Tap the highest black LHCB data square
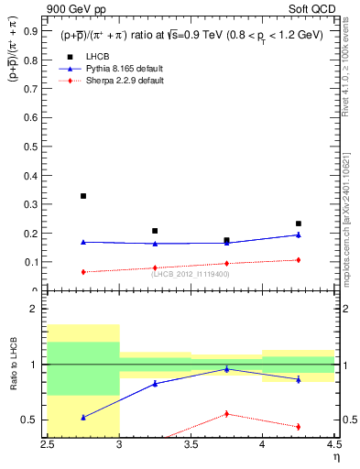point(83,196)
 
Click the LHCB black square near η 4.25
point(298,224)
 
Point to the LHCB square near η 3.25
point(155,231)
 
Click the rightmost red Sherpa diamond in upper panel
point(298,260)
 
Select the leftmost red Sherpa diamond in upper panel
point(83,272)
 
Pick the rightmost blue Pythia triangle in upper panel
point(298,234)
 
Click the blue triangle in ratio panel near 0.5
point(83,417)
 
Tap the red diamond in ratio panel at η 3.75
point(226,414)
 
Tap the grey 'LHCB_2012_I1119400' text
point(191,274)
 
